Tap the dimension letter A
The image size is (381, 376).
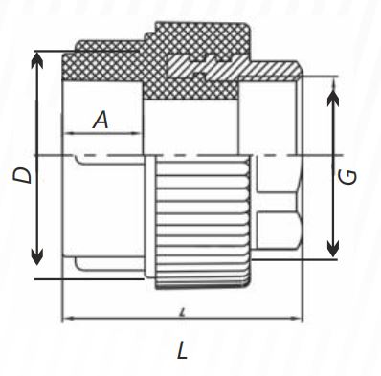tap(100, 121)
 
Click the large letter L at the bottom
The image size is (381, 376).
tap(183, 350)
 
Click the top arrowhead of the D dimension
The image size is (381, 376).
tap(37, 56)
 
